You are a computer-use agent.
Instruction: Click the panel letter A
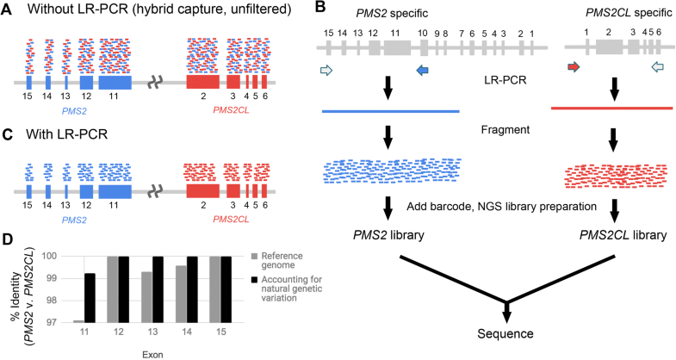(x=9, y=9)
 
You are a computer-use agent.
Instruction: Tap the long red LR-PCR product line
(x=611, y=109)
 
